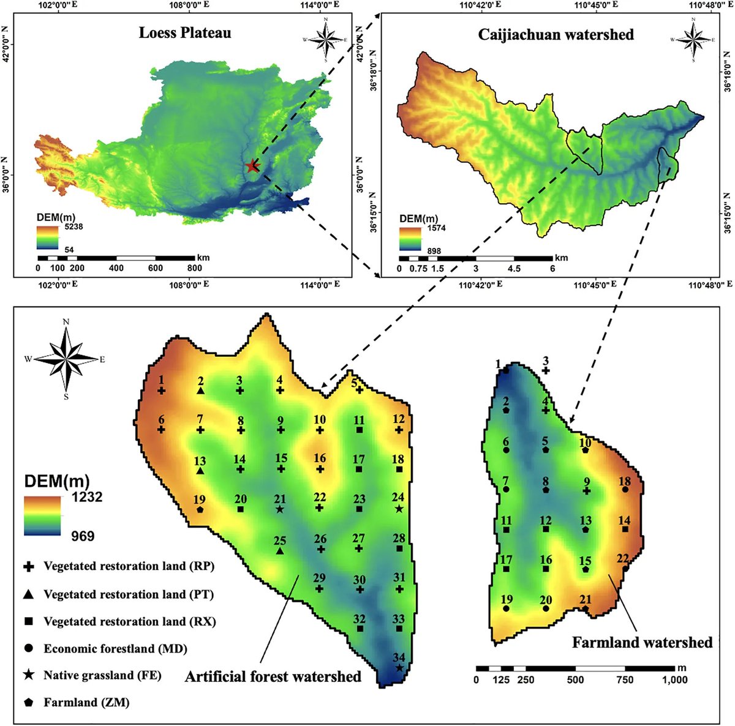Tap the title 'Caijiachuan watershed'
(556, 34)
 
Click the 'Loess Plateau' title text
(185, 32)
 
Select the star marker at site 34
(399, 668)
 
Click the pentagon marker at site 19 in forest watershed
(200, 509)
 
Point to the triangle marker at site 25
(280, 551)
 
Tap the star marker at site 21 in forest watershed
(280, 509)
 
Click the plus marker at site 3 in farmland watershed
(546, 370)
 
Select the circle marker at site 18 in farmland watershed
(625, 490)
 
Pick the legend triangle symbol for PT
(28, 594)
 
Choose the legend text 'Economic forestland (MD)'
(115, 648)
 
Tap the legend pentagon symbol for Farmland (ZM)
(28, 703)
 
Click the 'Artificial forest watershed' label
(273, 676)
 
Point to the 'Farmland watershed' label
(642, 642)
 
